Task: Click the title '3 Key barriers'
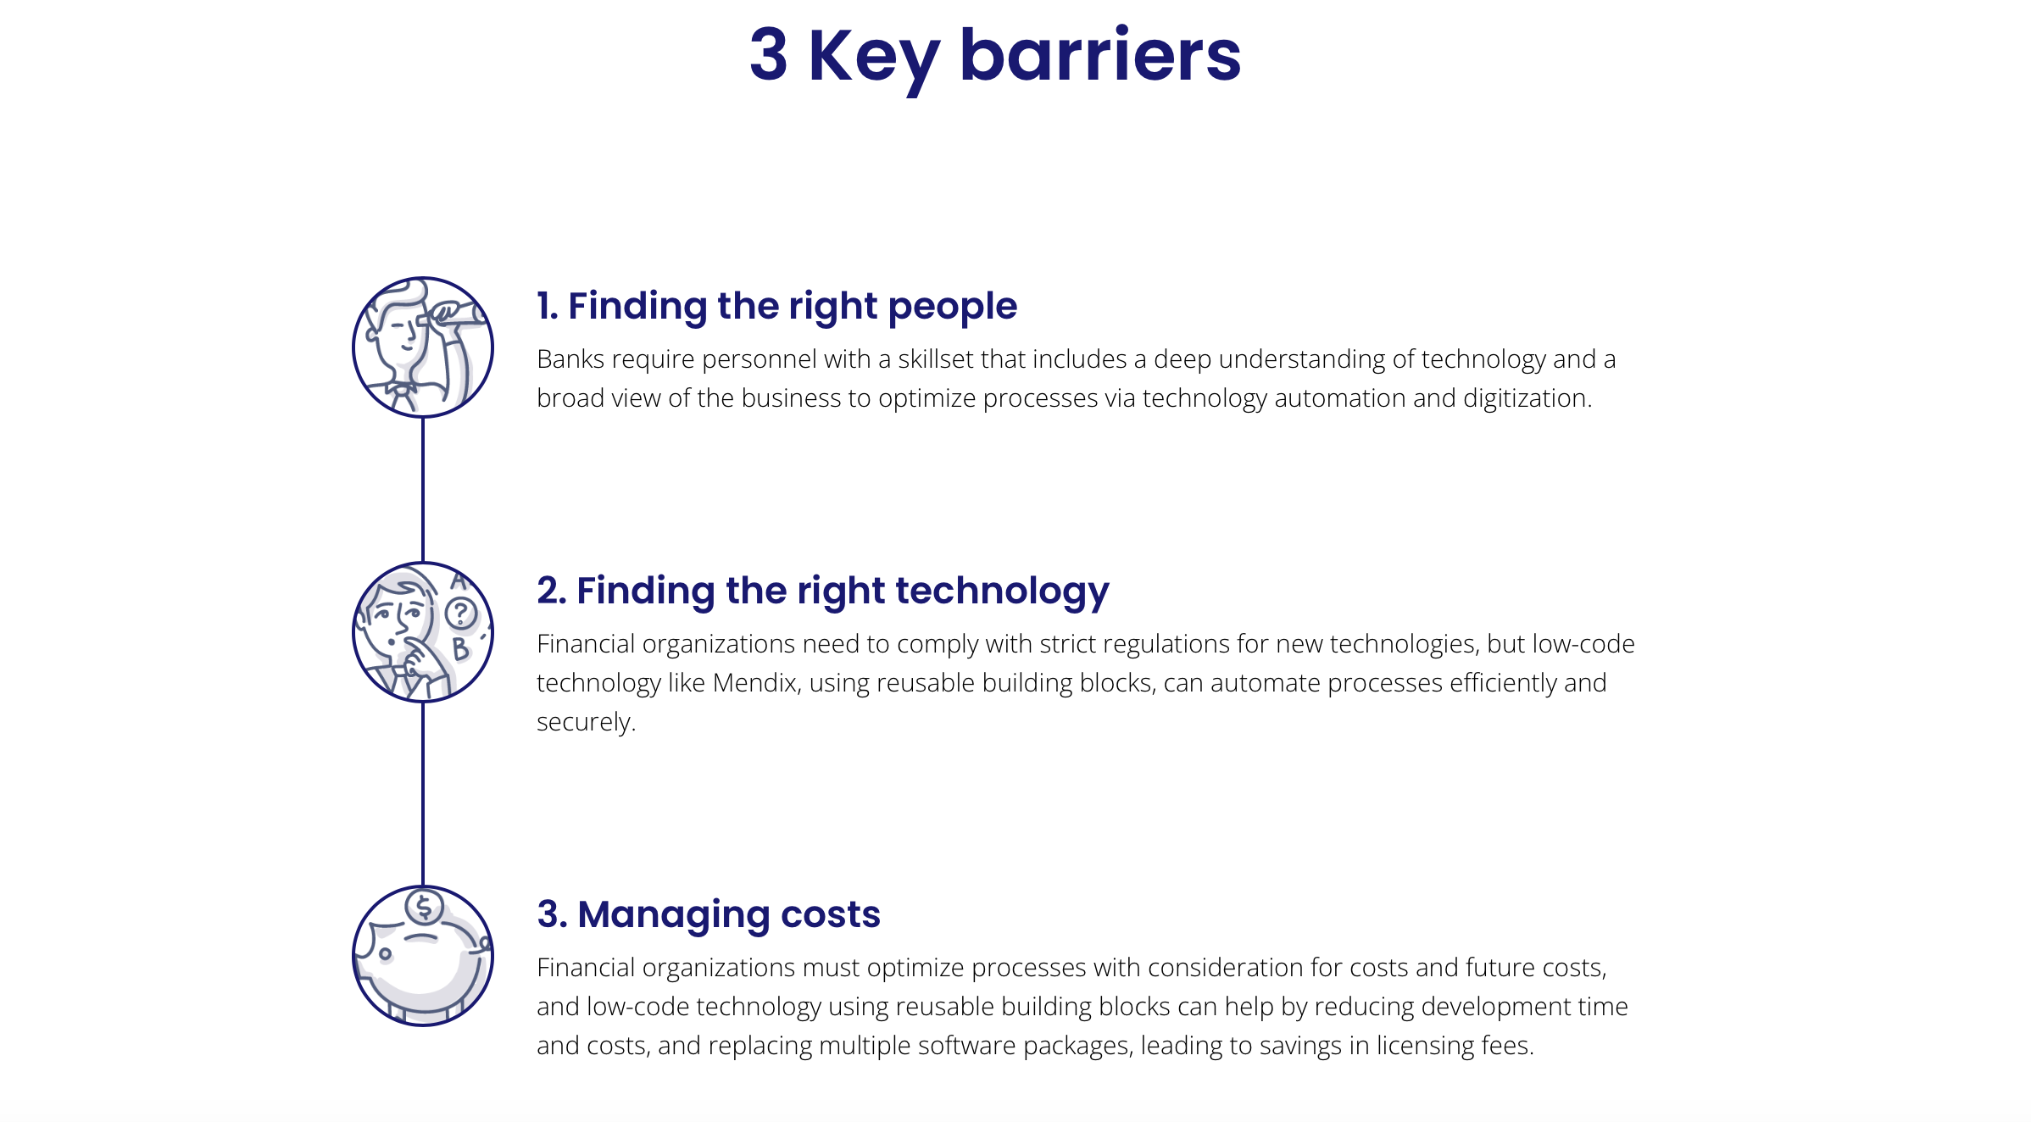pyautogui.click(x=995, y=56)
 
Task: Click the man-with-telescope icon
pyautogui.click(x=423, y=347)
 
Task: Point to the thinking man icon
pyautogui.click(x=423, y=632)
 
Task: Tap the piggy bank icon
pyautogui.click(x=423, y=956)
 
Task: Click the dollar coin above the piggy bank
pyautogui.click(x=425, y=908)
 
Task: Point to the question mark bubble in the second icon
pyautogui.click(x=461, y=613)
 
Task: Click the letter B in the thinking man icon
pyautogui.click(x=460, y=649)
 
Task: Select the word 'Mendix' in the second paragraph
pyautogui.click(x=755, y=683)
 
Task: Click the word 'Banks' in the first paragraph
pyautogui.click(x=570, y=359)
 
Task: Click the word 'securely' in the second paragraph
pyautogui.click(x=583, y=723)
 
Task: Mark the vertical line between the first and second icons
pyautogui.click(x=423, y=490)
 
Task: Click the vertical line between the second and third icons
pyautogui.click(x=423, y=794)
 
